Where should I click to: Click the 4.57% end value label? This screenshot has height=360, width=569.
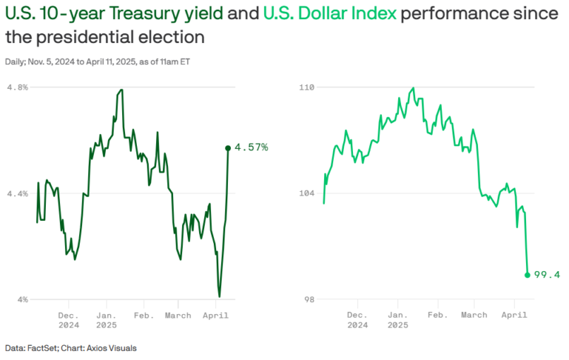[251, 147]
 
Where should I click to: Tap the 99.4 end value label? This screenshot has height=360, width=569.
[548, 275]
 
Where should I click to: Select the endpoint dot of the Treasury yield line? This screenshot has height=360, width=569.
[228, 148]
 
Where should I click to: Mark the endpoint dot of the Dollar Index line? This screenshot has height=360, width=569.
[527, 275]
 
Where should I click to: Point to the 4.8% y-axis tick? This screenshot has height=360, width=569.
[17, 87]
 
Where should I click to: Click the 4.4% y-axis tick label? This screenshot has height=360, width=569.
[17, 193]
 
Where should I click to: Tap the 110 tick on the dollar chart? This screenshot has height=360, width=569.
[306, 87]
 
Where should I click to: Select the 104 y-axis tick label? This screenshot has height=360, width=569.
[306, 193]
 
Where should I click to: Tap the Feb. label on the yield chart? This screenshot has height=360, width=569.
[143, 315]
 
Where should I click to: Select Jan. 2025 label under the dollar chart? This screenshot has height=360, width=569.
[397, 320]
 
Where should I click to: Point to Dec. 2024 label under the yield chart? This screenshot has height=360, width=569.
[68, 320]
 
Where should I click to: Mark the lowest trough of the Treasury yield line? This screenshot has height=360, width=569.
[220, 296]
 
